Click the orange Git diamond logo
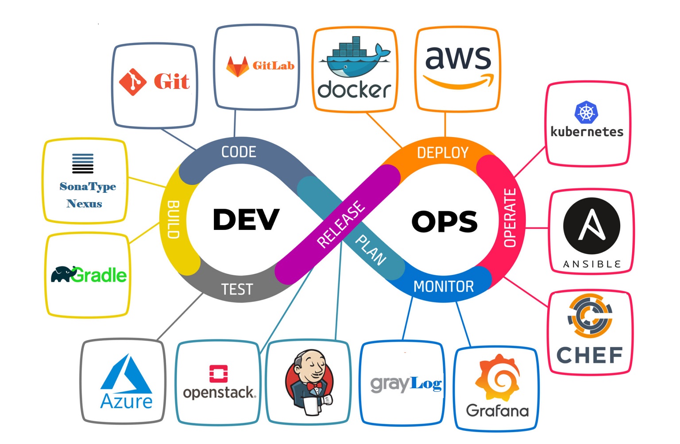tap(133, 82)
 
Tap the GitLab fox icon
tap(238, 67)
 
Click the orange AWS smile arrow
tap(459, 81)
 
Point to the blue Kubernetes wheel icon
tap(586, 112)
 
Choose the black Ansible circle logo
tap(591, 226)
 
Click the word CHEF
tap(590, 355)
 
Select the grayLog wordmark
tap(406, 383)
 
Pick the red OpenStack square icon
tap(219, 374)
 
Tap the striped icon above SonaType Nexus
tap(83, 164)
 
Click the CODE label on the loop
tap(239, 152)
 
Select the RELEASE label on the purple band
tap(341, 224)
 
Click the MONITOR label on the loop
tap(444, 287)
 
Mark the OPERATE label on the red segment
tap(510, 218)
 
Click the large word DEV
tap(246, 220)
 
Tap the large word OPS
tap(444, 222)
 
